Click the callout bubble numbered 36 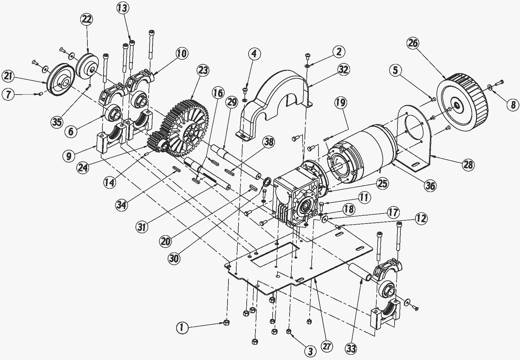[430, 186]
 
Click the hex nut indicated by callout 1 [226, 323]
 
